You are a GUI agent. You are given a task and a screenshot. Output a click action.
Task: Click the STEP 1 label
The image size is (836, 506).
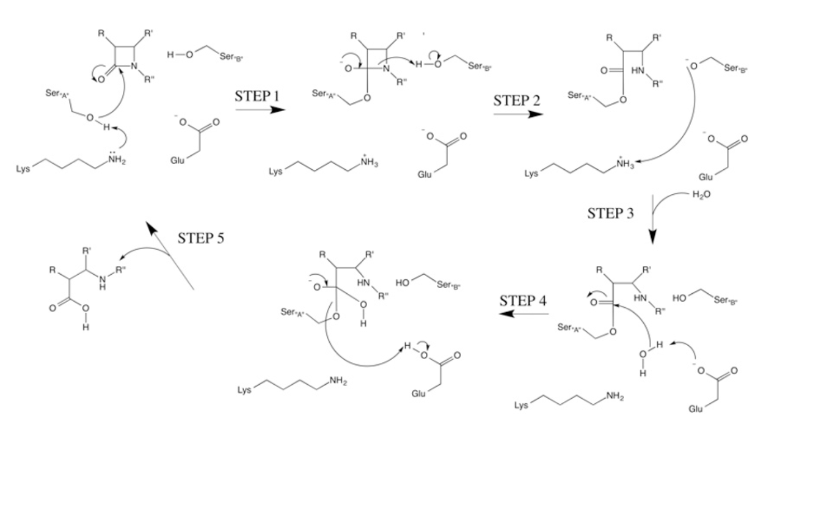click(x=256, y=96)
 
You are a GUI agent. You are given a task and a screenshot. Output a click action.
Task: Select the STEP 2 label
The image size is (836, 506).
click(x=516, y=101)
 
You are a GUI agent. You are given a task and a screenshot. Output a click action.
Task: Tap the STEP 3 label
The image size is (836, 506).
click(x=610, y=213)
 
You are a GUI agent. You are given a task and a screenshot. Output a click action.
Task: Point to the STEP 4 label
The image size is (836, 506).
click(x=522, y=300)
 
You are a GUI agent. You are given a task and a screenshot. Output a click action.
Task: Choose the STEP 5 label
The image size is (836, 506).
click(x=201, y=238)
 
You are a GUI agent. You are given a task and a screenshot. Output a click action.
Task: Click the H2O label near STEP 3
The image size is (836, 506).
click(x=701, y=194)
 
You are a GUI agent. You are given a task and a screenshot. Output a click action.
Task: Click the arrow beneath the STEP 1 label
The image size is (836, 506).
click(x=260, y=109)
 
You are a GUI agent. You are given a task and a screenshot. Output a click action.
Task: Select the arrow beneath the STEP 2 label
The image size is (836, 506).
click(x=518, y=114)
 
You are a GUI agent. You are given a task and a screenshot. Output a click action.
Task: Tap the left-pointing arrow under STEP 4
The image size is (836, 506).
click(x=522, y=313)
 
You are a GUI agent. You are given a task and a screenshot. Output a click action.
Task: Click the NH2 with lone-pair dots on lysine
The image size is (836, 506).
click(x=117, y=160)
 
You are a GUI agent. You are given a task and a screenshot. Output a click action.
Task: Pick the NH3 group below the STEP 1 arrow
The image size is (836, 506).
click(x=369, y=163)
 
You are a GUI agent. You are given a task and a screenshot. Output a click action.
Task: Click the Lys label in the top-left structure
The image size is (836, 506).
click(x=23, y=168)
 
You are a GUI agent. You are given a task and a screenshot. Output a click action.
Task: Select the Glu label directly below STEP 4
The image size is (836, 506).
click(x=419, y=394)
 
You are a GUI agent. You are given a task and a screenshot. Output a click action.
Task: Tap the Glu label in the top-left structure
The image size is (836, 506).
click(x=177, y=160)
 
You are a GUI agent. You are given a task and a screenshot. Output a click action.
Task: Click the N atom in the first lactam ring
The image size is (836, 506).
click(x=134, y=66)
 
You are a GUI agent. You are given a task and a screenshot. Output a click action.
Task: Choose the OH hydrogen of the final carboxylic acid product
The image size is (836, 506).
click(x=85, y=327)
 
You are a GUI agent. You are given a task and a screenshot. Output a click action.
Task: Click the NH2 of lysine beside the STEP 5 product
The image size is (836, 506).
click(x=338, y=381)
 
